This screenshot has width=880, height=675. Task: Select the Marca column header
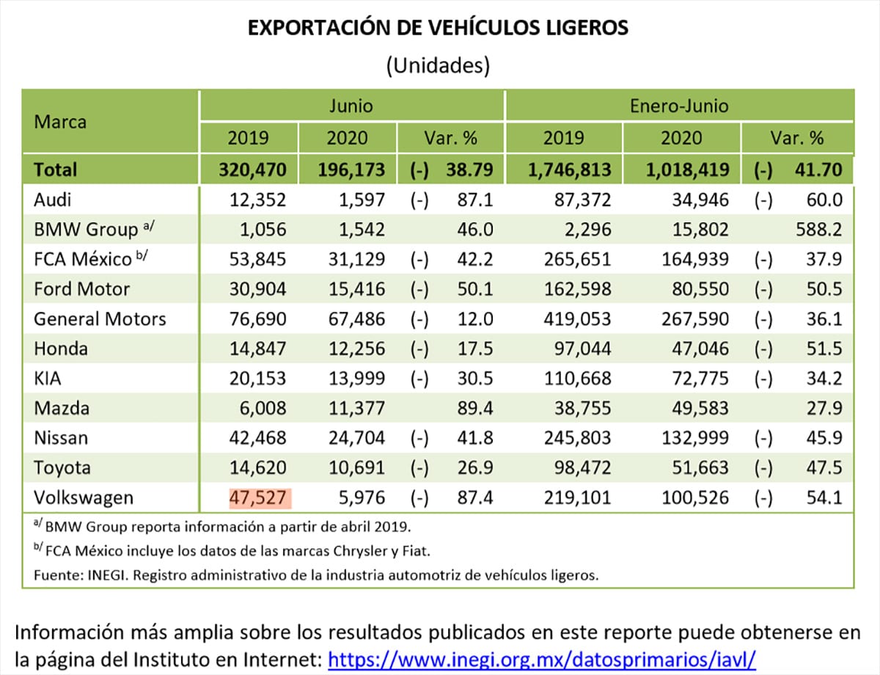(60, 122)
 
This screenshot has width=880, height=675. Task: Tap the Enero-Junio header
(679, 106)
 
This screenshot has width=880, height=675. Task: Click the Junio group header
(351, 106)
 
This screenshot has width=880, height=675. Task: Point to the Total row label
(55, 169)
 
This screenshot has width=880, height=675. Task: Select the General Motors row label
(100, 319)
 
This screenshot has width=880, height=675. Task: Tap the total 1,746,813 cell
(570, 169)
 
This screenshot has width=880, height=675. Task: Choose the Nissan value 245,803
(576, 439)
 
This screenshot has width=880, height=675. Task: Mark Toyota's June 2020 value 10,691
(356, 468)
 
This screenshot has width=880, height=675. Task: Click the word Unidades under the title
(438, 65)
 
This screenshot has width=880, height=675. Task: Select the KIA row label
(49, 379)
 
